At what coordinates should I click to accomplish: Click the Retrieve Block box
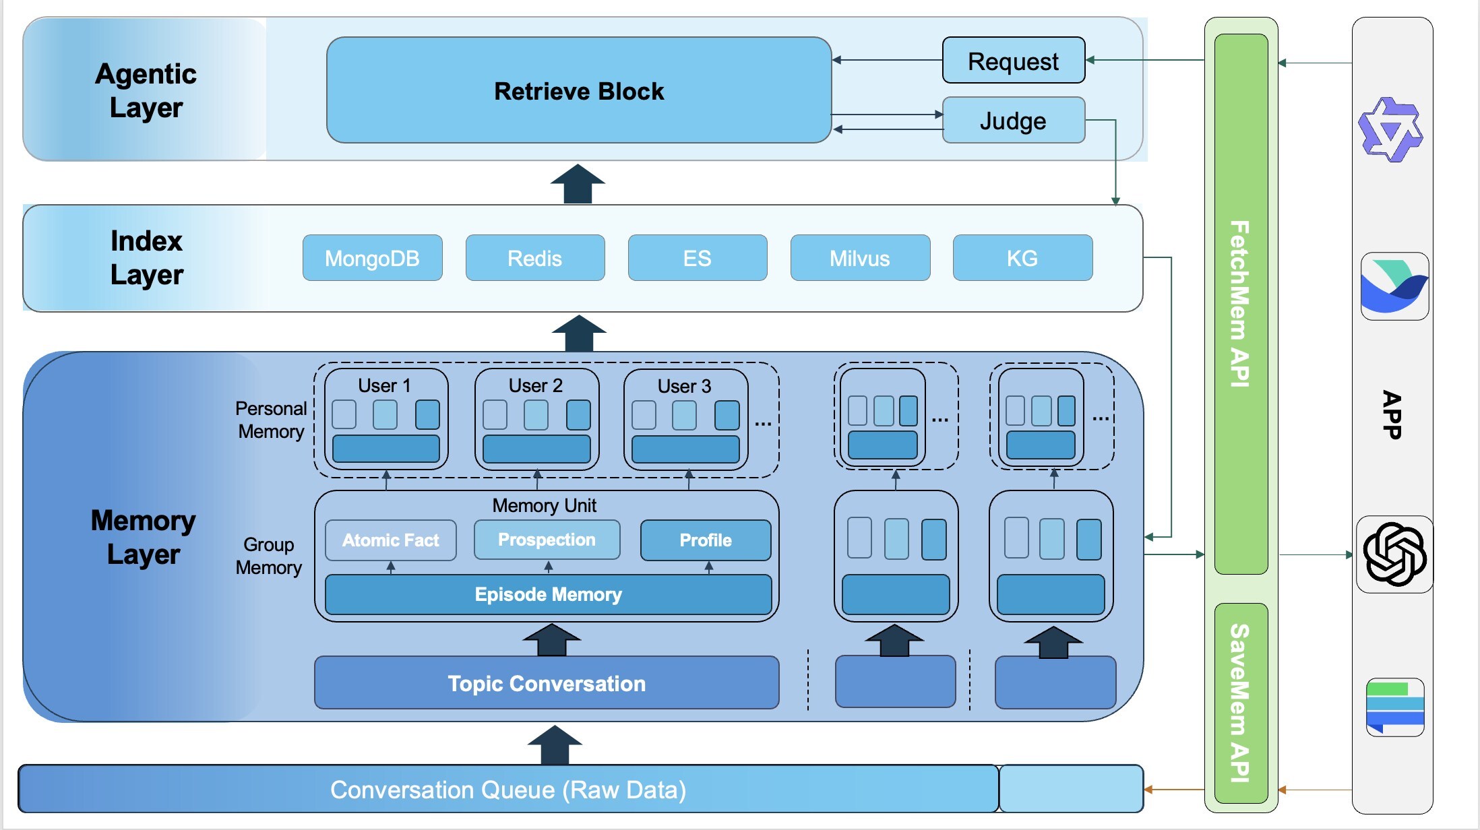[x=578, y=90]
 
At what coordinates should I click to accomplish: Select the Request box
[x=1013, y=61]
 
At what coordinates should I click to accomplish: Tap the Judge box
[x=1013, y=121]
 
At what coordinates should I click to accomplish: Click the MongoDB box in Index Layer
[x=372, y=258]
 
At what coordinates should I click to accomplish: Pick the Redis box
[x=534, y=258]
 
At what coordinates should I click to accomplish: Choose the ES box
[x=697, y=258]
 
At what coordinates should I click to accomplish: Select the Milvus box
[x=859, y=258]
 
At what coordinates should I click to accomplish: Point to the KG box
[x=1022, y=258]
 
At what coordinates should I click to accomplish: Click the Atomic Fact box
[x=390, y=540]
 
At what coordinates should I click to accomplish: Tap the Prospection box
[x=547, y=540]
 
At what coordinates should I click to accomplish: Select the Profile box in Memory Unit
[x=705, y=540]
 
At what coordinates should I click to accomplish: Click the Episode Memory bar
[x=548, y=594]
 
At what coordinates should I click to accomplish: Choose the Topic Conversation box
[x=547, y=683]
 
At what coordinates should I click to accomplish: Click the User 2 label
[x=535, y=385]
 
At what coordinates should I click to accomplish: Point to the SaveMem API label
[x=1240, y=703]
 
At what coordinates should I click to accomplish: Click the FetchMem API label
[x=1240, y=303]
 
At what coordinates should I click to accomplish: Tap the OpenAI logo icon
[x=1394, y=554]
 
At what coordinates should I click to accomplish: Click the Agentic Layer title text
[x=146, y=90]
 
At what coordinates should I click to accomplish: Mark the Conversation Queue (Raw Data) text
[x=508, y=790]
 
